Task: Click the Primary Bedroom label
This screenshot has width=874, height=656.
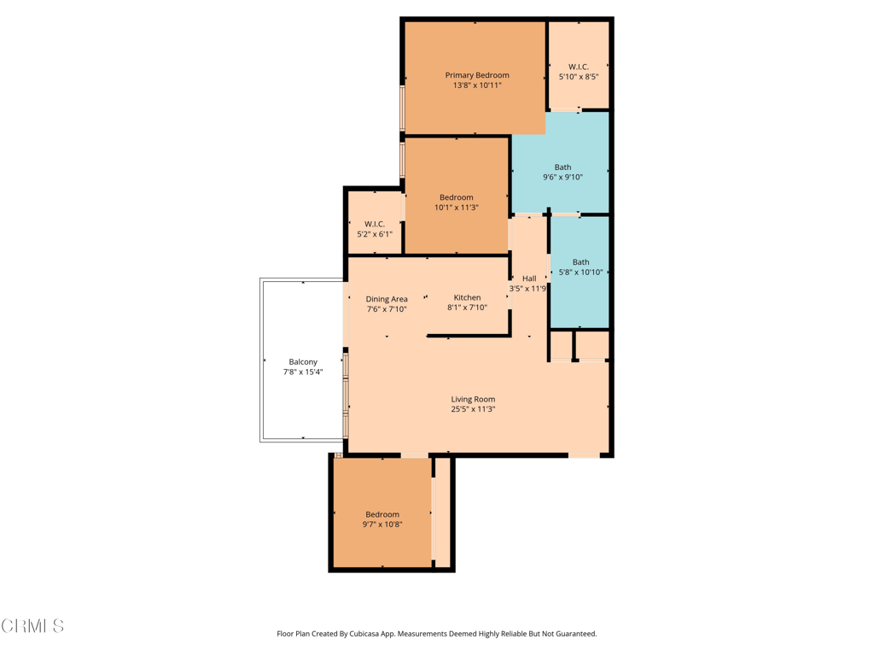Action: [476, 75]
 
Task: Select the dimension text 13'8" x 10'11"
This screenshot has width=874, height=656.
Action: [476, 85]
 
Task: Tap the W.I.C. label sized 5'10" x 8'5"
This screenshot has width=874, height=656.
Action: [578, 67]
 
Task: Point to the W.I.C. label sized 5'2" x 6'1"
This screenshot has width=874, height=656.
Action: [374, 224]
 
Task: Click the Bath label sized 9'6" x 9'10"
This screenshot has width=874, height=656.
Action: [562, 167]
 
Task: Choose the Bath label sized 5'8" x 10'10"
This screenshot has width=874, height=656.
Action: [580, 262]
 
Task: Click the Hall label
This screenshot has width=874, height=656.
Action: [529, 278]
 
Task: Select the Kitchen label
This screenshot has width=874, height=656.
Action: [467, 297]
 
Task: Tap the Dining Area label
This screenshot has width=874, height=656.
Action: [387, 299]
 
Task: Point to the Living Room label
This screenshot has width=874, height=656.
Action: [473, 399]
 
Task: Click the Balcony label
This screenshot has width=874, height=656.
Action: [302, 362]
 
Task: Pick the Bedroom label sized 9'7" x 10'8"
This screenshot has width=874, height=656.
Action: [382, 514]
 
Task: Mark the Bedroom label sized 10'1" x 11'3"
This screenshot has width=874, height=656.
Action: [456, 197]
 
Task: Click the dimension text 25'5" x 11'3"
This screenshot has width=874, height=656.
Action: [473, 409]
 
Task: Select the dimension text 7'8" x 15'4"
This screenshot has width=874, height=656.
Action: [302, 372]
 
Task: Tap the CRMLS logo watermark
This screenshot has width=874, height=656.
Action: [32, 626]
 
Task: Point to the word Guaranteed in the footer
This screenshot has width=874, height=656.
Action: [574, 634]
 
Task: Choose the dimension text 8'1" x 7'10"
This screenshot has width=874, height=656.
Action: [467, 307]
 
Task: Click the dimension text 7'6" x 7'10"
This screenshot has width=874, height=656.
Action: [387, 309]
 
